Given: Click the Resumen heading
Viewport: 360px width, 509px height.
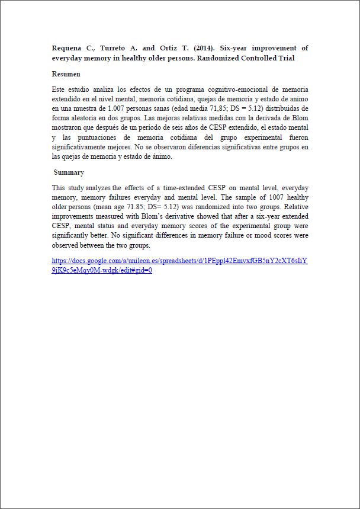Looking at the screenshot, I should pyautogui.click(x=66, y=74).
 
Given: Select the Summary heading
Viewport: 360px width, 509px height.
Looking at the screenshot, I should pyautogui.click(x=69, y=172).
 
